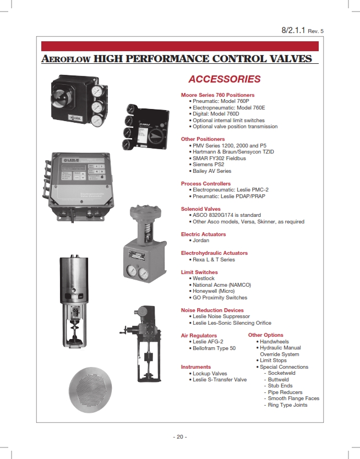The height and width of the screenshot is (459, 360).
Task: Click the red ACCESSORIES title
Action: pyautogui.click(x=224, y=79)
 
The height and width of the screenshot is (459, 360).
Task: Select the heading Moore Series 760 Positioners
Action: pyautogui.click(x=217, y=95)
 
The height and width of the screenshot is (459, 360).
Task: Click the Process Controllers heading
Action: pyautogui.click(x=206, y=184)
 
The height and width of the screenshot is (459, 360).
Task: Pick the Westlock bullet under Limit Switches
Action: pyautogui.click(x=203, y=278)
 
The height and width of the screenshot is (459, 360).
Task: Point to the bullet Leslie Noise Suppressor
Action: pyautogui.click(x=221, y=316)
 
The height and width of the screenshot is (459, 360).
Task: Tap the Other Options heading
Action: pyautogui.click(x=266, y=335)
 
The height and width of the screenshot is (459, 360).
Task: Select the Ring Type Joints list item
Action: pyautogui.click(x=287, y=405)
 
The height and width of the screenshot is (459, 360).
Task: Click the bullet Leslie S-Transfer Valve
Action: pyautogui.click(x=219, y=380)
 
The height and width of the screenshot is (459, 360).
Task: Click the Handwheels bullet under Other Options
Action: pyautogui.click(x=274, y=342)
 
